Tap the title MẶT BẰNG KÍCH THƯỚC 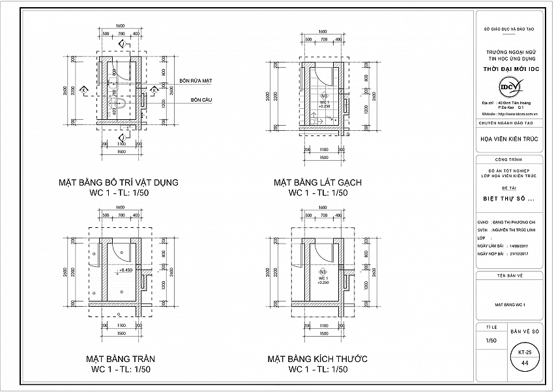[317, 359]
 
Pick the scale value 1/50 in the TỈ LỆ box [491, 340]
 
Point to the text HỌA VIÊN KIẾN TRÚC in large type [509, 139]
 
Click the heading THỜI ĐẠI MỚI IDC [509, 68]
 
